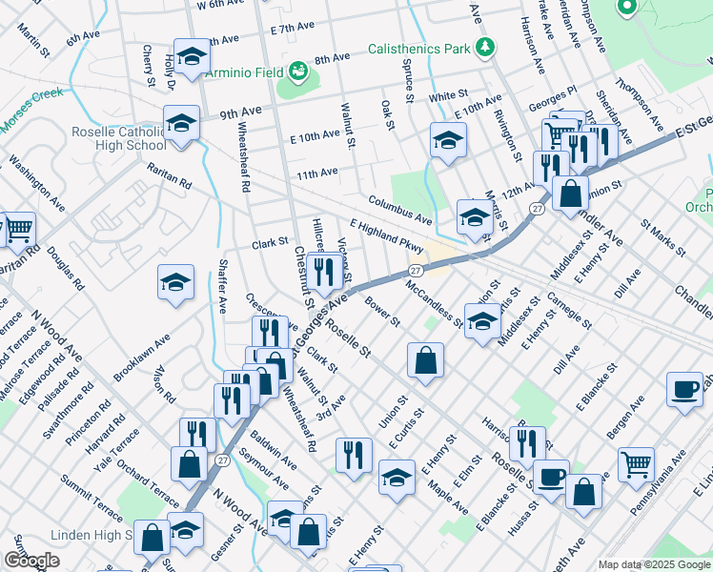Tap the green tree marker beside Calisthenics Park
[x=485, y=47]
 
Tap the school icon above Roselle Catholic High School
[x=180, y=122]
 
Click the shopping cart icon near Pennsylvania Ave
[x=636, y=465]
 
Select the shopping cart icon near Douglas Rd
[x=19, y=229]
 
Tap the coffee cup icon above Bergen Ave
[x=684, y=389]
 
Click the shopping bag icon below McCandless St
[x=425, y=360]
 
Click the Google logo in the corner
[x=31, y=561]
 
